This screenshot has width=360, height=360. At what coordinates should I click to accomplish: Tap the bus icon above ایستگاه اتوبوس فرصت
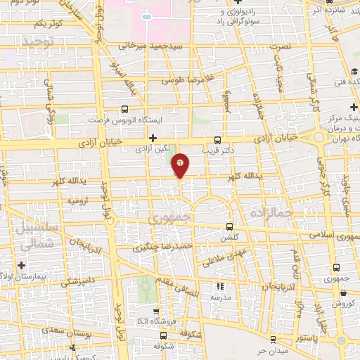click(x=124, y=109)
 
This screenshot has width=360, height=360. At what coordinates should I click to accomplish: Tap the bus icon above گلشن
click(x=230, y=227)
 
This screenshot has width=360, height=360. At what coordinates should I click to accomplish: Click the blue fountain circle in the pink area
click(x=146, y=15)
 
